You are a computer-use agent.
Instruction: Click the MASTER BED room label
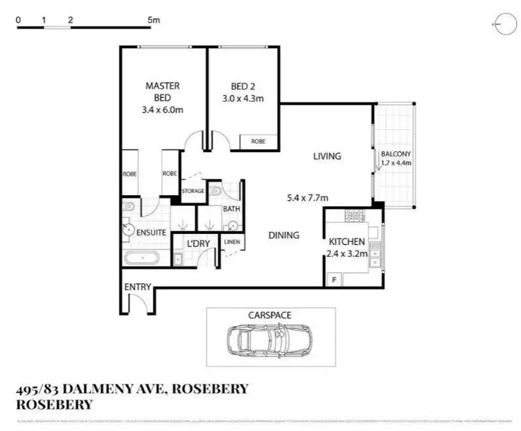(163, 85)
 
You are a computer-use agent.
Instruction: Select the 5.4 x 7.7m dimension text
(308, 198)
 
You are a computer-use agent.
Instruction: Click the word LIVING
(326, 156)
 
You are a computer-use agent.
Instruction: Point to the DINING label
(283, 235)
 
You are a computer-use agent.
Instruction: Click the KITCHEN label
(347, 241)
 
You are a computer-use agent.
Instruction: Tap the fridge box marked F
(334, 279)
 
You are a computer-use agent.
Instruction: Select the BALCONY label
(396, 153)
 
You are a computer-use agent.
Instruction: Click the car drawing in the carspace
(270, 339)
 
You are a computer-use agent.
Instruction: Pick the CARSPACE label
(270, 315)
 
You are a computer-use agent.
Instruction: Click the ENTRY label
(138, 287)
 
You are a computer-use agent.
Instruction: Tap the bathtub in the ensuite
(142, 259)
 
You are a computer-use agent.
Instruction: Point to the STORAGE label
(192, 191)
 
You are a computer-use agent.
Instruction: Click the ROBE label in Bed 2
(258, 141)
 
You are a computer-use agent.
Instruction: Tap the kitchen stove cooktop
(356, 215)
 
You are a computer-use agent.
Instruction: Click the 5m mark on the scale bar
(153, 21)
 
